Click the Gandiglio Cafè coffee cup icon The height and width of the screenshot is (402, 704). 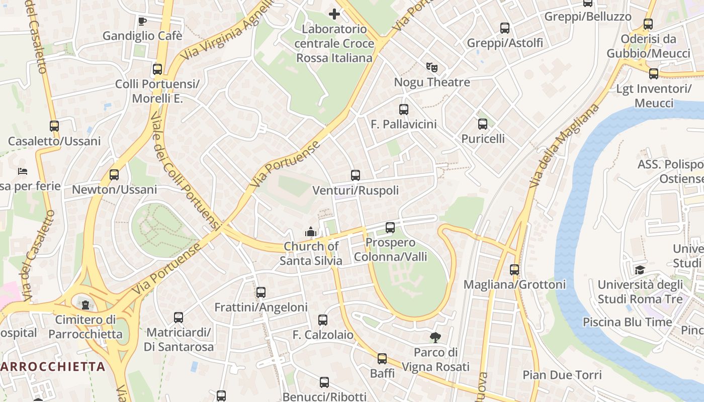pos(142,21)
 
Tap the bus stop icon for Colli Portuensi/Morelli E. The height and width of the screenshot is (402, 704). pos(157,69)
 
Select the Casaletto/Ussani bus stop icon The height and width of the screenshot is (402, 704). pos(54,126)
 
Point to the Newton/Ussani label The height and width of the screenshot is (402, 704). pos(114,189)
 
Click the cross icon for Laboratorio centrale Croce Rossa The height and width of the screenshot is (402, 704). pos(334,14)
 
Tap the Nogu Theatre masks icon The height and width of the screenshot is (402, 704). pos(431,67)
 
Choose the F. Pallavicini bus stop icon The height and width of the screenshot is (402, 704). pos(403,109)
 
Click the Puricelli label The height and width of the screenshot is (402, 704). pos(483,138)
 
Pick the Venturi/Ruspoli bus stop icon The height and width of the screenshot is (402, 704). pos(356,175)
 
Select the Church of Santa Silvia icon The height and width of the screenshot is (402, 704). pos(311,232)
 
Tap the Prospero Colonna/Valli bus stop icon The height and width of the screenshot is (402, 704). pos(390,228)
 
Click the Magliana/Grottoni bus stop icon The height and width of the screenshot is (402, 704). pos(514,270)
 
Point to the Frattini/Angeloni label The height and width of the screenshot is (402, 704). pos(260,307)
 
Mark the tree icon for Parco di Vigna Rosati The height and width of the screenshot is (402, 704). pos(435,338)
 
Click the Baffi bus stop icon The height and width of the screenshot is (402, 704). pos(382,359)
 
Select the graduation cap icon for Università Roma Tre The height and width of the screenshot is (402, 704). pos(640,270)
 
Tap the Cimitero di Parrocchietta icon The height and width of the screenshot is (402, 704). pos(85,305)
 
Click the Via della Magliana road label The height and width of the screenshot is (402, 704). pos(564,146)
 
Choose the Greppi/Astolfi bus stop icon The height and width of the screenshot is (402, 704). pos(505,28)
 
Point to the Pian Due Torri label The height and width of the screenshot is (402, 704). pos(562,375)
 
